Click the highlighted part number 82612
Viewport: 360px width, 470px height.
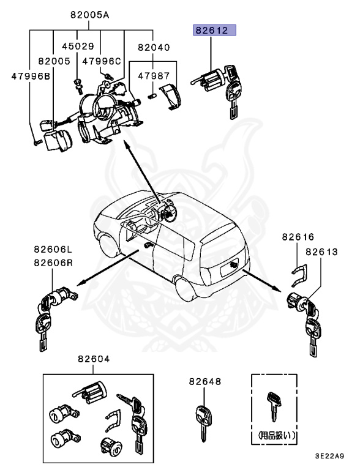[x=212, y=30]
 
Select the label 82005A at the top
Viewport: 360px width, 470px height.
[x=90, y=15]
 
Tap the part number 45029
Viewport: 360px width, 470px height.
[x=78, y=46]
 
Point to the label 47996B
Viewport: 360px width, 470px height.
[x=31, y=76]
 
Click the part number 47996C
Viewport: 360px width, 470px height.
[x=102, y=61]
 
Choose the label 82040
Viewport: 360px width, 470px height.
[x=154, y=47]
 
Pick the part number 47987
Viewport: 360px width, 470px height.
[x=154, y=76]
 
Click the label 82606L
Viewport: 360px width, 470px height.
[x=53, y=249]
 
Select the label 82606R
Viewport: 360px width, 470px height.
[x=53, y=263]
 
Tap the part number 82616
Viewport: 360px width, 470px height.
[x=298, y=237]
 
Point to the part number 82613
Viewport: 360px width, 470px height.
[x=321, y=252]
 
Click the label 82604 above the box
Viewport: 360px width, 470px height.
[x=94, y=359]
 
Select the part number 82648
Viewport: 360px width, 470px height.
[x=205, y=382]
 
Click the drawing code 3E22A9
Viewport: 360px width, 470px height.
[x=329, y=456]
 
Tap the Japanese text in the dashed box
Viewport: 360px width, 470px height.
[x=276, y=435]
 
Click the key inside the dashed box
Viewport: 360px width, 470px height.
[x=274, y=406]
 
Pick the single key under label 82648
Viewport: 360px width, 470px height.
[x=203, y=423]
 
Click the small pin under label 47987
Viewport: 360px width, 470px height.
[x=152, y=96]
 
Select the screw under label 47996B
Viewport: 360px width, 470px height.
[x=37, y=143]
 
